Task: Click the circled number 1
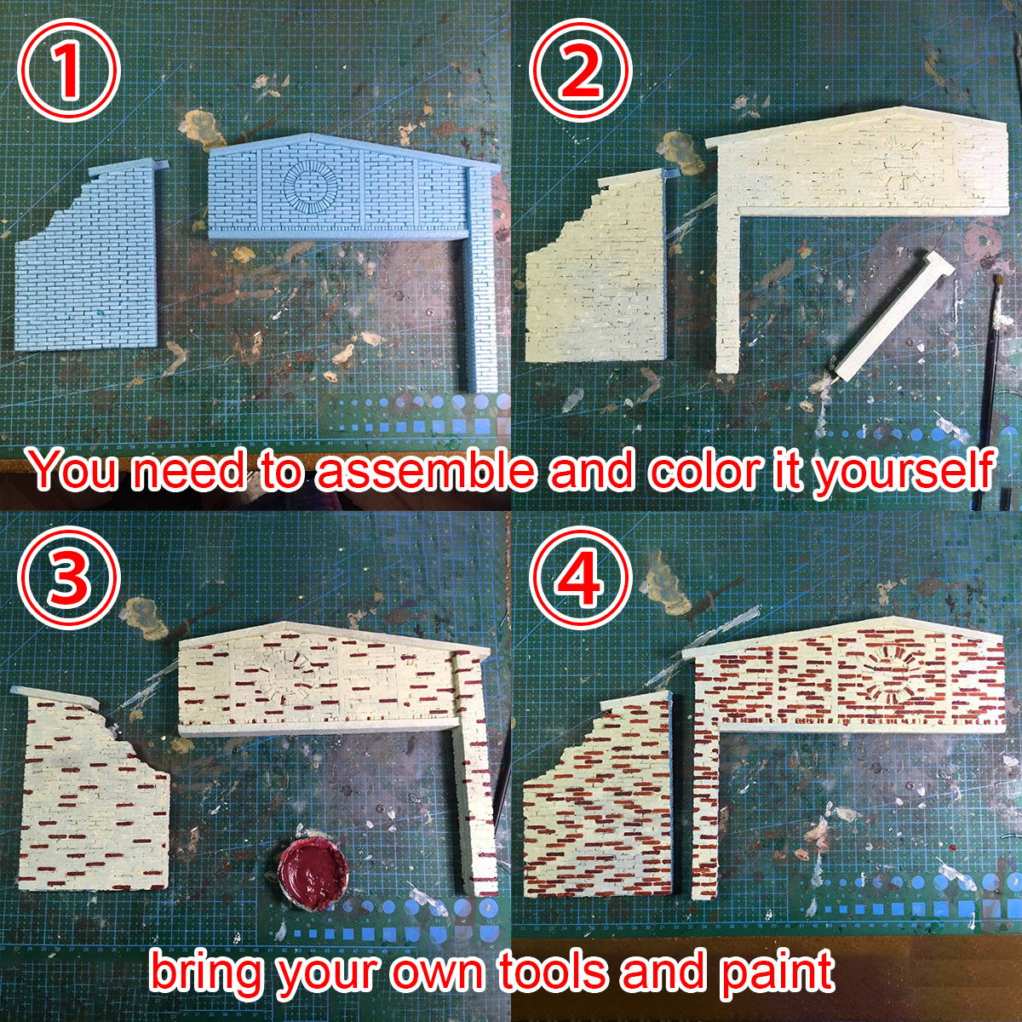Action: [68, 70]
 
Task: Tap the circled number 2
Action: [582, 70]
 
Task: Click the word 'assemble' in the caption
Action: [426, 470]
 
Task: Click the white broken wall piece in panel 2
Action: [600, 265]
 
